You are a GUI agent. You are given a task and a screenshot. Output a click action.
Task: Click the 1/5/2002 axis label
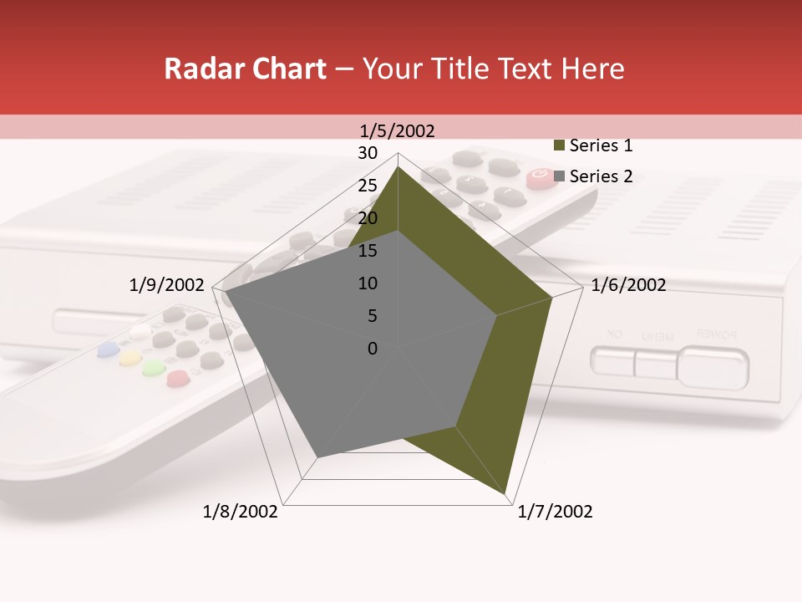pos(397,130)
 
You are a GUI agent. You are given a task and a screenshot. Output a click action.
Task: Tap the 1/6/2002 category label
pos(628,285)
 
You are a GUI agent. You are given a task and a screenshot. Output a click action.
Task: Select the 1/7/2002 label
pos(555,512)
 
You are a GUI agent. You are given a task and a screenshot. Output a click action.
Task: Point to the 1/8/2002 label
pos(241,512)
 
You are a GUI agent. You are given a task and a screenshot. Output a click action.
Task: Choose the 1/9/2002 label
pos(166,285)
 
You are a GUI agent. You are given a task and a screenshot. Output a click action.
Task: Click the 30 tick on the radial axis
pos(368,153)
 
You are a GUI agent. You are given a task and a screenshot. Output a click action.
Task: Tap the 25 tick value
pos(368,186)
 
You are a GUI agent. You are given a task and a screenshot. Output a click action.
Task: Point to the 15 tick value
pos(368,251)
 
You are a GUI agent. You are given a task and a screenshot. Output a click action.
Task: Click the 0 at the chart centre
pos(373,349)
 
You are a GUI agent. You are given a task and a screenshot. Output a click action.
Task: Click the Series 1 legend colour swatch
pos(559,146)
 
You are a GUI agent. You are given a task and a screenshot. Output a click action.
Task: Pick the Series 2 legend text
pos(601,176)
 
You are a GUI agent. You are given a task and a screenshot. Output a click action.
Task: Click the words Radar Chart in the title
pos(245,69)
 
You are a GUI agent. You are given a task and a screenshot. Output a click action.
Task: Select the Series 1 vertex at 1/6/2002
pos(551,298)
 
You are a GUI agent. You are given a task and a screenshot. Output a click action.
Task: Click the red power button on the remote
pos(537,176)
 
